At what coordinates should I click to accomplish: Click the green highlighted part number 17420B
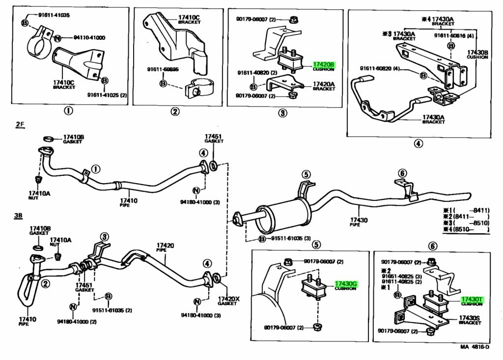pos(324,64)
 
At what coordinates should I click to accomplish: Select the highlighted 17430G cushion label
pos(346,284)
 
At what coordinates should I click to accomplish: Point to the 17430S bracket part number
pos(470,318)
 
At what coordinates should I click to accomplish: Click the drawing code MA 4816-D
pos(475,347)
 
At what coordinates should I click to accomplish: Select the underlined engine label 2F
pos(20,125)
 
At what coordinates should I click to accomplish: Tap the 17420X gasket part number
pos(228,299)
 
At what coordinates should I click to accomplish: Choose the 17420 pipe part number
pos(166,245)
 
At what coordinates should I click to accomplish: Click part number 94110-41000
pos(89,37)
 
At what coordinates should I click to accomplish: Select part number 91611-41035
pos(54,15)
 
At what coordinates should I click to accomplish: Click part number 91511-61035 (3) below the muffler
pos(289,239)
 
